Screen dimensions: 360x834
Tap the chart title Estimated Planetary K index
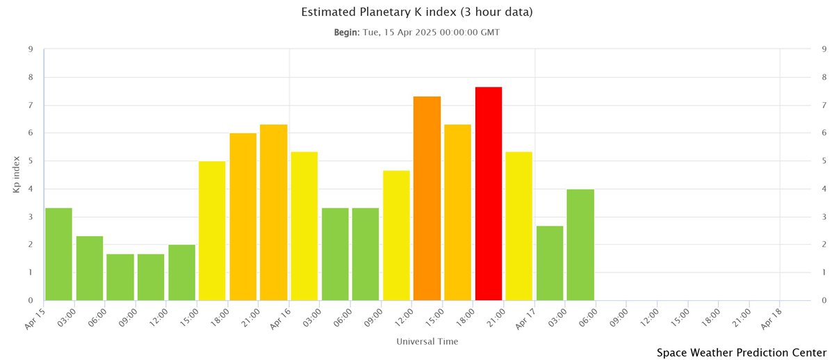pyautogui.click(x=416, y=13)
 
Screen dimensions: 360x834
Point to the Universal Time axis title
pyautogui.click(x=427, y=342)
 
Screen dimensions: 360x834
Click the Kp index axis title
pyautogui.click(x=17, y=174)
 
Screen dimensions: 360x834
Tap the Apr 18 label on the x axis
pyautogui.click(x=771, y=317)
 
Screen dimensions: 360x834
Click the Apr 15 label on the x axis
pyautogui.click(x=35, y=317)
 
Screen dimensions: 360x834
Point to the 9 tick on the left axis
pyautogui.click(x=31, y=49)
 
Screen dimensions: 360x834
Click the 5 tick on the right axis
pyautogui.click(x=824, y=161)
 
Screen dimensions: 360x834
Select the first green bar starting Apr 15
pyautogui.click(x=59, y=254)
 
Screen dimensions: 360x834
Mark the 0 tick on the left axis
pyautogui.click(x=31, y=301)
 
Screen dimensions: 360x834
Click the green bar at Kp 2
pyautogui.click(x=182, y=272)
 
